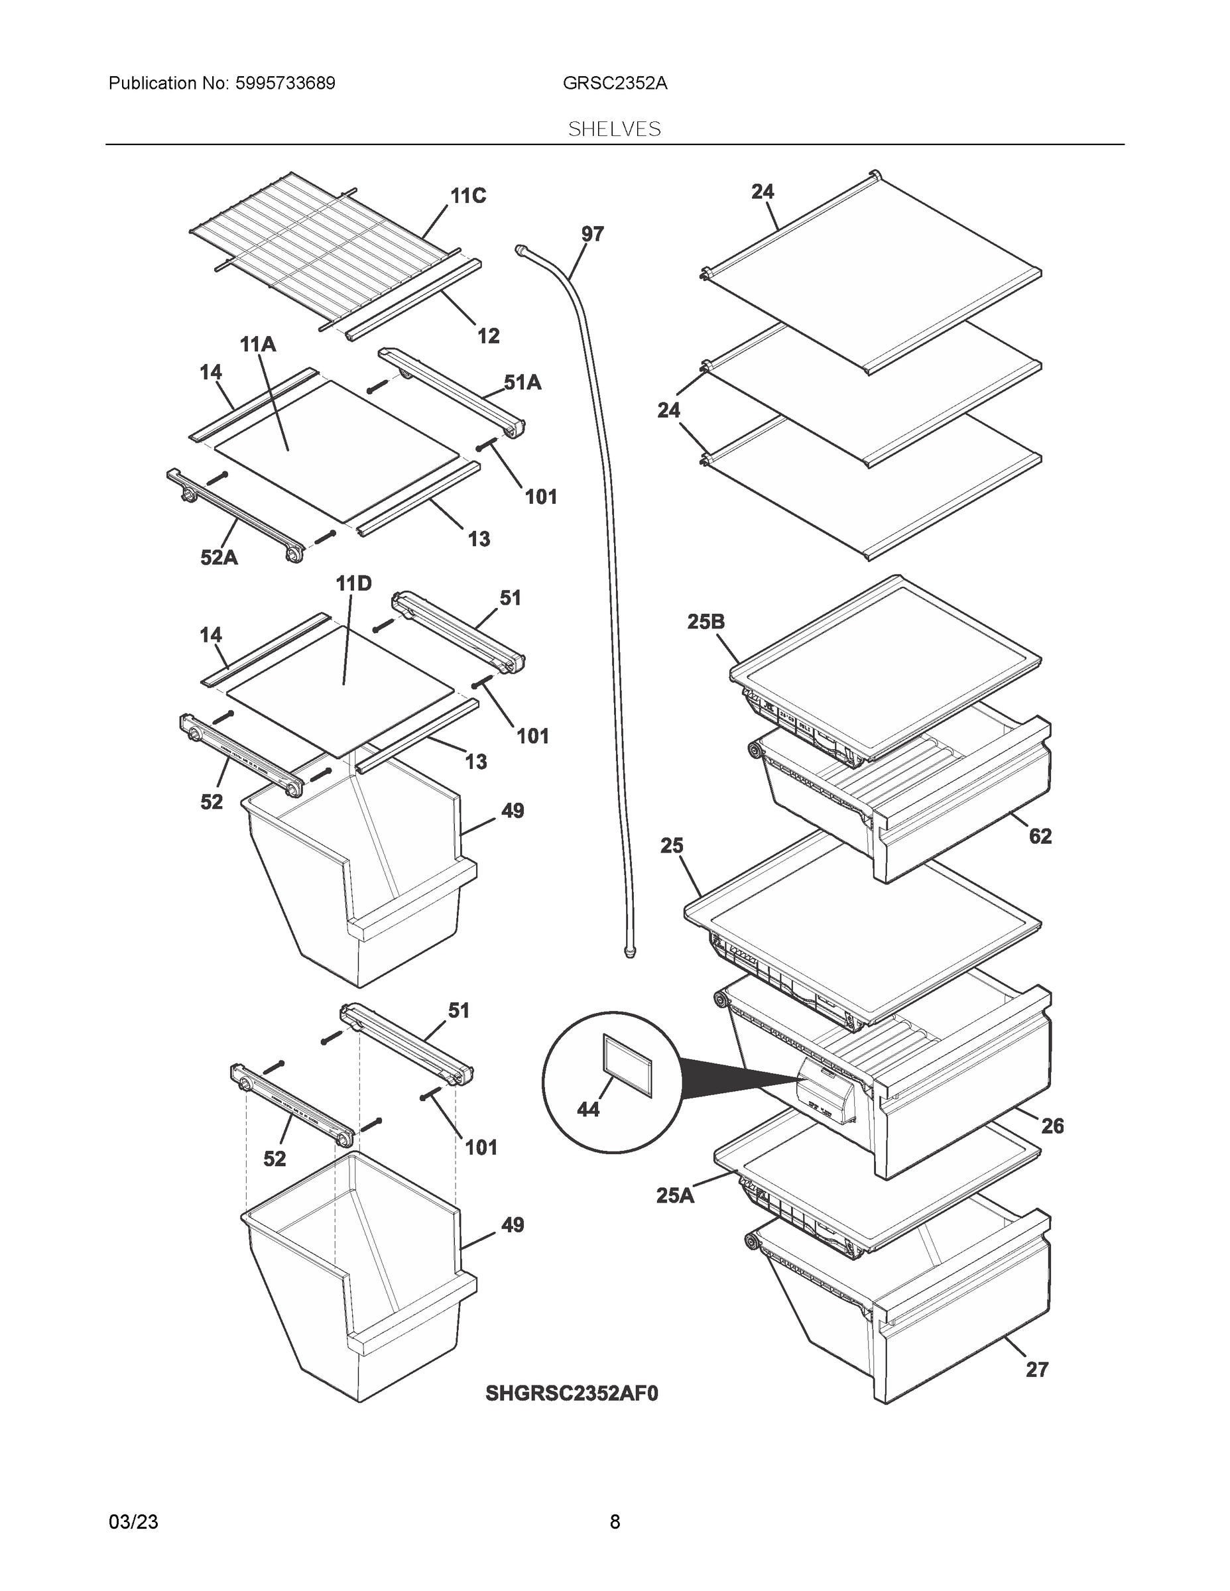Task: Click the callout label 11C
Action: pyautogui.click(x=468, y=196)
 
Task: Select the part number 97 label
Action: pyautogui.click(x=592, y=234)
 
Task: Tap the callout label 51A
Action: pyautogui.click(x=523, y=383)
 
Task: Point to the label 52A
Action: pyautogui.click(x=219, y=558)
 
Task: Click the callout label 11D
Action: pyautogui.click(x=353, y=583)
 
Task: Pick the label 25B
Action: pyautogui.click(x=706, y=621)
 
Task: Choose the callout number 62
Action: pyautogui.click(x=1040, y=837)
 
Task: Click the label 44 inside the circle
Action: pyautogui.click(x=588, y=1109)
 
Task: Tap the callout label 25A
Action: pyautogui.click(x=676, y=1195)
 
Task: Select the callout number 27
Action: pyautogui.click(x=1037, y=1370)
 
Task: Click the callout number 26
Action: pyautogui.click(x=1052, y=1126)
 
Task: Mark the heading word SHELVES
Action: pyautogui.click(x=614, y=129)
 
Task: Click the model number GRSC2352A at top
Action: pyautogui.click(x=614, y=83)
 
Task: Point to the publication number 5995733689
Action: pyautogui.click(x=285, y=83)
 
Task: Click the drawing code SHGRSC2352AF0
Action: pyautogui.click(x=572, y=1393)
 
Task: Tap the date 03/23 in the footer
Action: pyautogui.click(x=133, y=1521)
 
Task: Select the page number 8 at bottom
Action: pyautogui.click(x=614, y=1521)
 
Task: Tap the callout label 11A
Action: pyautogui.click(x=258, y=345)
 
